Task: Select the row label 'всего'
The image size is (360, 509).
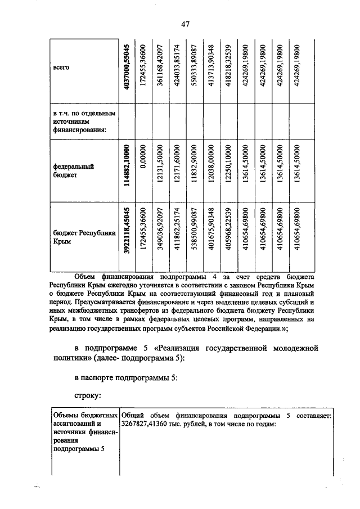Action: (61, 67)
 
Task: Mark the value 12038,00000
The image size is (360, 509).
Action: (211, 168)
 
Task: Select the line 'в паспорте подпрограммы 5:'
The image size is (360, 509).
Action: (127, 377)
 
